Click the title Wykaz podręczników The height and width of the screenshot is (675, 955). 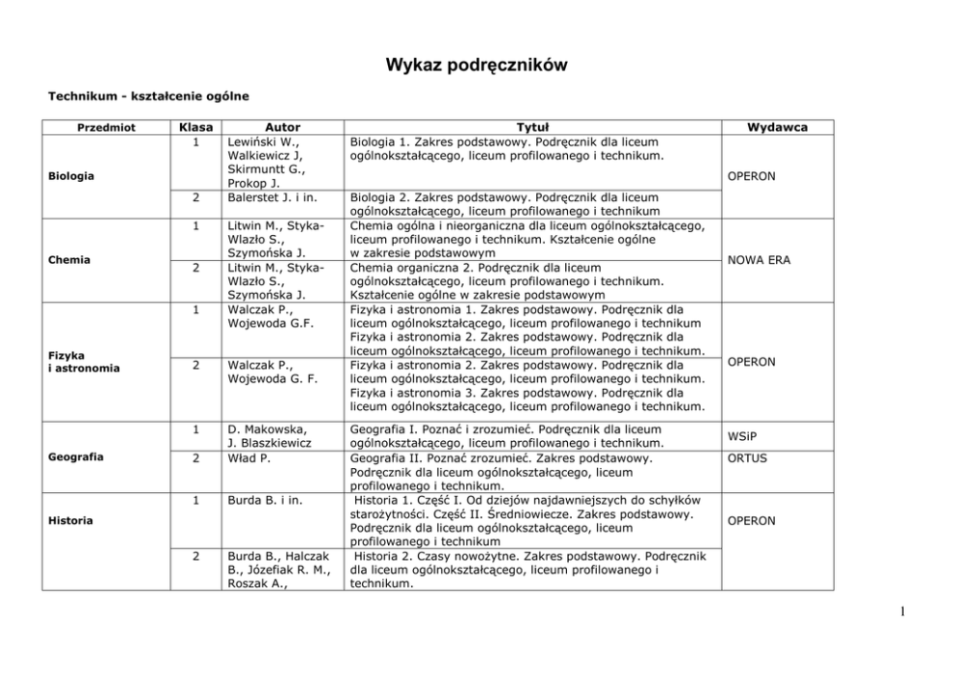pos(477,65)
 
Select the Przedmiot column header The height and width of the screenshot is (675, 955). pos(107,127)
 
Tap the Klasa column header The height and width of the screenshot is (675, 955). pos(195,127)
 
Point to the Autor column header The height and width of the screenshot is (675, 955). pos(282,127)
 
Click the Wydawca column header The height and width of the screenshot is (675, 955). pos(778,127)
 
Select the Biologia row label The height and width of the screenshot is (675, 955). pos(72,176)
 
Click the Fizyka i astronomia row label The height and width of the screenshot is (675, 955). pos(85,362)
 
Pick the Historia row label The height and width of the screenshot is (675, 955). pos(70,521)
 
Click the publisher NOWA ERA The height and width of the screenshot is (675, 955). pos(760,260)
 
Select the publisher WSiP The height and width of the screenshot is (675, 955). pos(743,436)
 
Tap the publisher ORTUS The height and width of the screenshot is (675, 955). pos(747,458)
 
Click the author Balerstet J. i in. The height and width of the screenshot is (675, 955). pos(272,197)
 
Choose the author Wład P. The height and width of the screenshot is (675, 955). pos(248,458)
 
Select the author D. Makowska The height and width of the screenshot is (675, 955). pos(268,428)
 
